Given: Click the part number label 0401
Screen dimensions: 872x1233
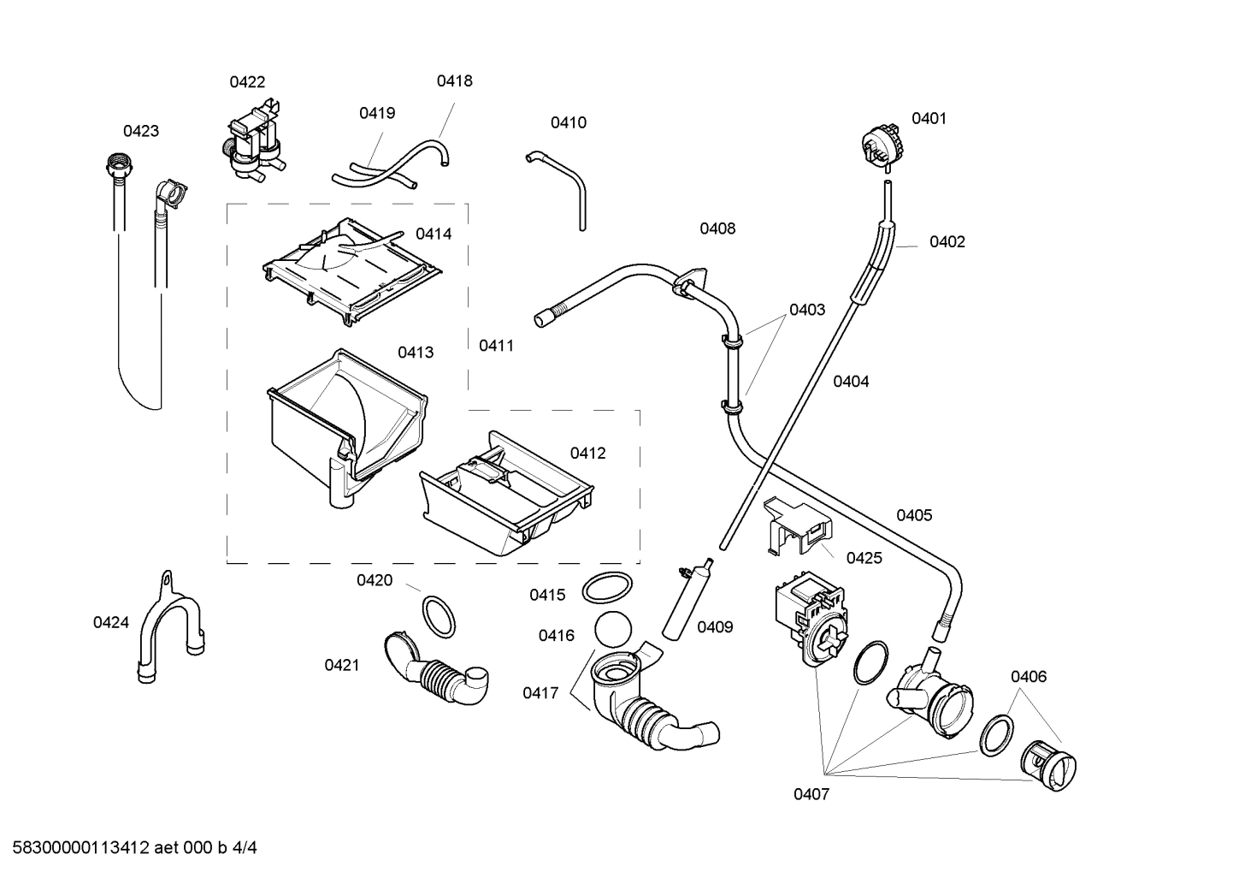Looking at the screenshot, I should pyautogui.click(x=929, y=119).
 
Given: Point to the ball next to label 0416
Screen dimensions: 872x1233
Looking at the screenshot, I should pyautogui.click(x=611, y=633).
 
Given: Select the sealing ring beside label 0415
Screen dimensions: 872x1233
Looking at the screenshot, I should pyautogui.click(x=607, y=589).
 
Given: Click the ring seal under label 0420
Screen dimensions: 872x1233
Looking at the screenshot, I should pyautogui.click(x=440, y=616).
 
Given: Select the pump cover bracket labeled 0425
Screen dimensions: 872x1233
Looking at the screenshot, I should pyautogui.click(x=797, y=525).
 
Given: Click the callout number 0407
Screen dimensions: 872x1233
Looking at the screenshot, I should pyautogui.click(x=811, y=794).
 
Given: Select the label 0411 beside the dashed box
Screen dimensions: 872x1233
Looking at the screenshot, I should pyautogui.click(x=496, y=346).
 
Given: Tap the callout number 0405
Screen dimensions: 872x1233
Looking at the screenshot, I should pyautogui.click(x=914, y=515).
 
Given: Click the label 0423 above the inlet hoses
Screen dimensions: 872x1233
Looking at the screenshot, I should pyautogui.click(x=140, y=131).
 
